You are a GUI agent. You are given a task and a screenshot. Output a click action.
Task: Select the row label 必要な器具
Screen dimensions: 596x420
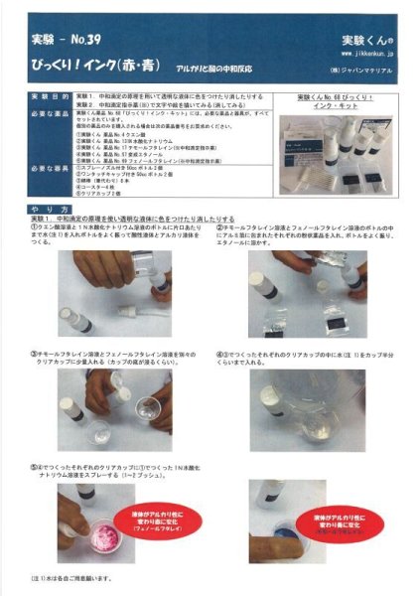[x=48, y=171]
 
